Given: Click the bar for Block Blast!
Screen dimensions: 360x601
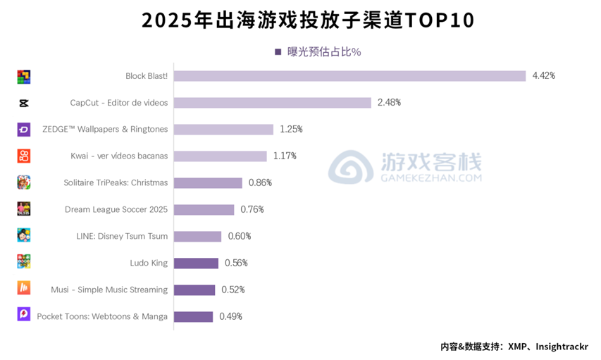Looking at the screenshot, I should tap(349, 76).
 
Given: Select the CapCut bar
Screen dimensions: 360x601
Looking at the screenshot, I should tap(272, 103).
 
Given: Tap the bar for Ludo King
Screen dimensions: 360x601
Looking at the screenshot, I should tap(196, 263).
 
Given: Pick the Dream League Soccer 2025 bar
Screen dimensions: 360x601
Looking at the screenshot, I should tap(204, 210).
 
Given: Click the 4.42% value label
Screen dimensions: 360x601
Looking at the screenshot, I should tap(543, 76).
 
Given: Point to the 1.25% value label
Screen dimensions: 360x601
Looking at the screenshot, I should tap(291, 130).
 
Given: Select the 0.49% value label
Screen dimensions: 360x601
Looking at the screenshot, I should tap(230, 317).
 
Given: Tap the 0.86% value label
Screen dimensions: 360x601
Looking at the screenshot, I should tap(260, 183).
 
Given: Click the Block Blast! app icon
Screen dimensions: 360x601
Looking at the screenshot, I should tap(24, 76).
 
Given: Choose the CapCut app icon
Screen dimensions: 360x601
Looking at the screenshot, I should tap(24, 103).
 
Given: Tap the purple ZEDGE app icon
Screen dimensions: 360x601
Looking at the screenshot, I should tap(24, 130).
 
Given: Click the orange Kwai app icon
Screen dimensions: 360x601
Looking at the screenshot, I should tap(24, 156).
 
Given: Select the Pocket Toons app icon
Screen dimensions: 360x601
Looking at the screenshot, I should tap(24, 315).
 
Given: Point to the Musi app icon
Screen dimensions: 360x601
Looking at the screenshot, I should tap(24, 288).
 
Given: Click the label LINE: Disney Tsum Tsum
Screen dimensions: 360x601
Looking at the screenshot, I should tap(122, 237).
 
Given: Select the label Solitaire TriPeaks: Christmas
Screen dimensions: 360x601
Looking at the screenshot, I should tap(116, 183).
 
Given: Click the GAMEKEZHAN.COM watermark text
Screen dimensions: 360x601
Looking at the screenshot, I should tap(432, 178).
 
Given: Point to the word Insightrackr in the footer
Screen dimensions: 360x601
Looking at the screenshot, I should tap(562, 347).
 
